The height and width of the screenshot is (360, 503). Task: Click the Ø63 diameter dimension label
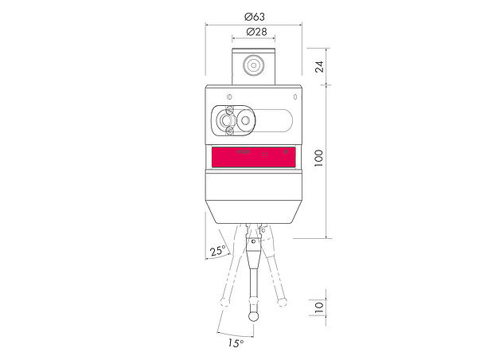[255, 16]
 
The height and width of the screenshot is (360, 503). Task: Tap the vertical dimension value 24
[318, 66]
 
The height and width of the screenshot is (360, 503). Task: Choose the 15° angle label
[236, 343]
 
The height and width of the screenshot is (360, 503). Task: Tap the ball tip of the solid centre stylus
[255, 315]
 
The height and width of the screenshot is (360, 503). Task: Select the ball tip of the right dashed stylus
[281, 302]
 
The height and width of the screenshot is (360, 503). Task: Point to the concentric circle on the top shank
[255, 65]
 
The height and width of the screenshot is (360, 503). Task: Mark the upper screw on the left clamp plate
[230, 108]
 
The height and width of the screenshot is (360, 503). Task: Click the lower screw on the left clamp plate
[230, 130]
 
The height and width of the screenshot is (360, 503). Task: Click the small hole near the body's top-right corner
[296, 96]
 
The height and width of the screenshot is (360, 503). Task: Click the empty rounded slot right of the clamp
[275, 119]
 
